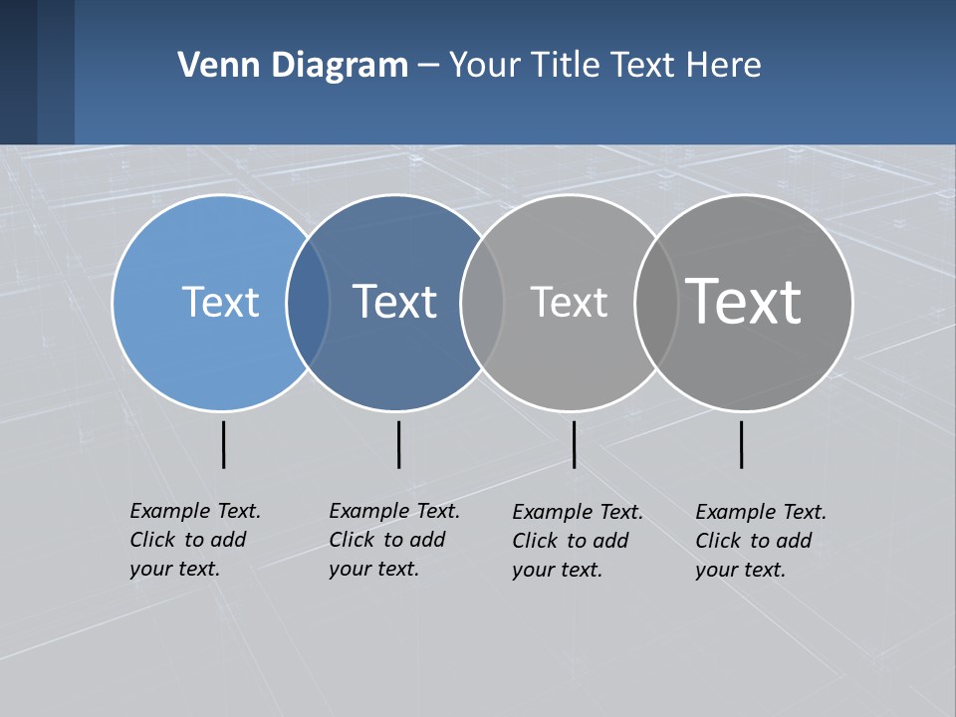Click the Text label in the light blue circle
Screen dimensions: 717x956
tap(220, 302)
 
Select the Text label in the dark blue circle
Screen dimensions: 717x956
tap(395, 302)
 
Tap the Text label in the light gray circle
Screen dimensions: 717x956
tap(569, 302)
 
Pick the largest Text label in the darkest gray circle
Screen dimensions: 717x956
tap(744, 302)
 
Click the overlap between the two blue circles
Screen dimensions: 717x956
tap(308, 302)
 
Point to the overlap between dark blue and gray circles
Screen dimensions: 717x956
tap(482, 302)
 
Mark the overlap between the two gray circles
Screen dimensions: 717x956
tap(655, 302)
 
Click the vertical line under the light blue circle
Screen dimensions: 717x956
tap(223, 444)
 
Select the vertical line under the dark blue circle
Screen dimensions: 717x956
tap(398, 444)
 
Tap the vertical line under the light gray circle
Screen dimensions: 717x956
tap(574, 444)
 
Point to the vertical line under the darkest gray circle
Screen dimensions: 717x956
tap(741, 444)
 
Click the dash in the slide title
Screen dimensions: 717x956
tap(428, 67)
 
